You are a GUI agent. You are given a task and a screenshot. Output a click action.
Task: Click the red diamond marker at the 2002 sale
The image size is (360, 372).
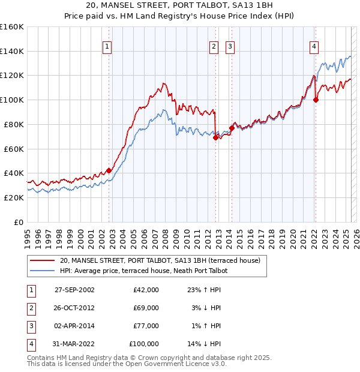(x=109, y=170)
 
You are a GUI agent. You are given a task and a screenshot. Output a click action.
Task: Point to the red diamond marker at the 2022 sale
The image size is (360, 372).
(x=316, y=100)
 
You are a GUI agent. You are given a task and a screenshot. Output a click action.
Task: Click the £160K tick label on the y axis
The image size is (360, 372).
(x=11, y=27)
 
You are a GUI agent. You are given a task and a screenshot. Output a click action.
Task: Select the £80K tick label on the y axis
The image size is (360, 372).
(x=14, y=124)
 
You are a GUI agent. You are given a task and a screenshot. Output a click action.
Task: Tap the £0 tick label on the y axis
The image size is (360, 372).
(x=18, y=221)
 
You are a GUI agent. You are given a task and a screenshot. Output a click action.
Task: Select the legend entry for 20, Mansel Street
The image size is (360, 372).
(x=160, y=261)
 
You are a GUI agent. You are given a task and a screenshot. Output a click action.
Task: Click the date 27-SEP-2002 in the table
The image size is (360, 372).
(x=74, y=290)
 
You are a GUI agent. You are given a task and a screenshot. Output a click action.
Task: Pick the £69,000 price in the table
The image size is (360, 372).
(x=146, y=308)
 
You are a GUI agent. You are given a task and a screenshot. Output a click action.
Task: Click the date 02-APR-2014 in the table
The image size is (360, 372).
(x=74, y=326)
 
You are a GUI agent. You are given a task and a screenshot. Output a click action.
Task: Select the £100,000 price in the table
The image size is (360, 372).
(x=144, y=344)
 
